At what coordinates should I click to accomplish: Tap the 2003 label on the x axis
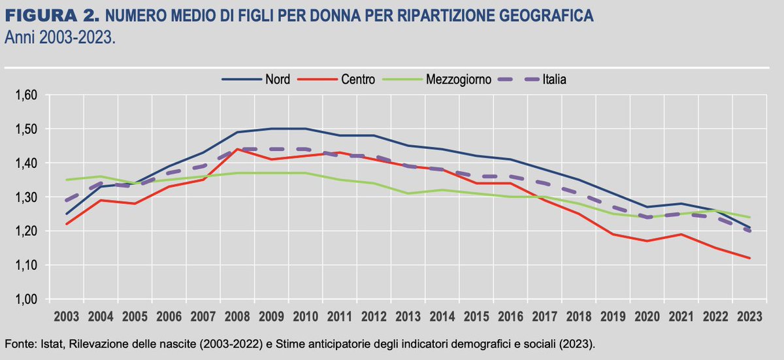67,316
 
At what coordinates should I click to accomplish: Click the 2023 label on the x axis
749,316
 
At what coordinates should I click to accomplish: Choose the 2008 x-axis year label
237,316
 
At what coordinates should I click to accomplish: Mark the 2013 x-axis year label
408,316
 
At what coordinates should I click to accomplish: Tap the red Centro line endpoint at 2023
749,258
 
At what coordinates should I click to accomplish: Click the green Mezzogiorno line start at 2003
67,180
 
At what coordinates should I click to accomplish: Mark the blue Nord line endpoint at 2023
749,227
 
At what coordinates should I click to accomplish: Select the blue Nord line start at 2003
67,214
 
